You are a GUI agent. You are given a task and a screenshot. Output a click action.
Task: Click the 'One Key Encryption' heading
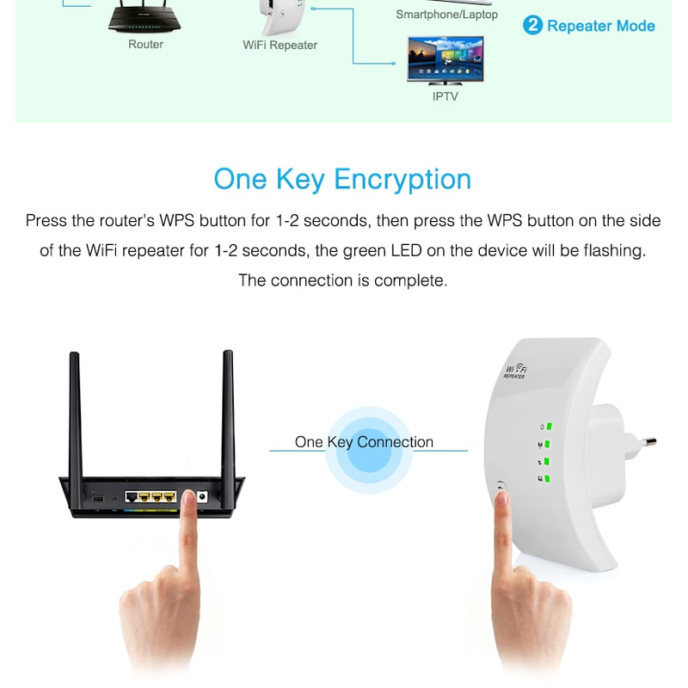coord(342,179)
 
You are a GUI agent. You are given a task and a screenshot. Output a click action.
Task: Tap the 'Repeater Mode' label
coord(600,26)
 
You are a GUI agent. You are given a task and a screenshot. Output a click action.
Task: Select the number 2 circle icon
coord(532,25)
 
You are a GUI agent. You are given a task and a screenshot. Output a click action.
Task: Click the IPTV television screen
coord(445,58)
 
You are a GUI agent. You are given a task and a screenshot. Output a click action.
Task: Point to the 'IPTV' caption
coord(445,96)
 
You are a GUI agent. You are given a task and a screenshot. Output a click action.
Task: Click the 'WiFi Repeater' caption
coord(279,46)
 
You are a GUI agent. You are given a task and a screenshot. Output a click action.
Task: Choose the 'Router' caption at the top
coord(145,45)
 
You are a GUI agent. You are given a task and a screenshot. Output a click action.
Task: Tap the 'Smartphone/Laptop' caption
coord(446,15)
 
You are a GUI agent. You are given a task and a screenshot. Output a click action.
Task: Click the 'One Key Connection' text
coord(364,442)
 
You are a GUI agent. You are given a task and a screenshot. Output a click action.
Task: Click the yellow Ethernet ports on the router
coord(150,497)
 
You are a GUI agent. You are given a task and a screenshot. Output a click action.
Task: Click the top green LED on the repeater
coord(547,427)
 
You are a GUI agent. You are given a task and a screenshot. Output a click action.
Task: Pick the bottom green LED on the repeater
coord(547,478)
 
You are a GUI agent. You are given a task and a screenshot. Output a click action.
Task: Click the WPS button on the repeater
coord(501,491)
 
